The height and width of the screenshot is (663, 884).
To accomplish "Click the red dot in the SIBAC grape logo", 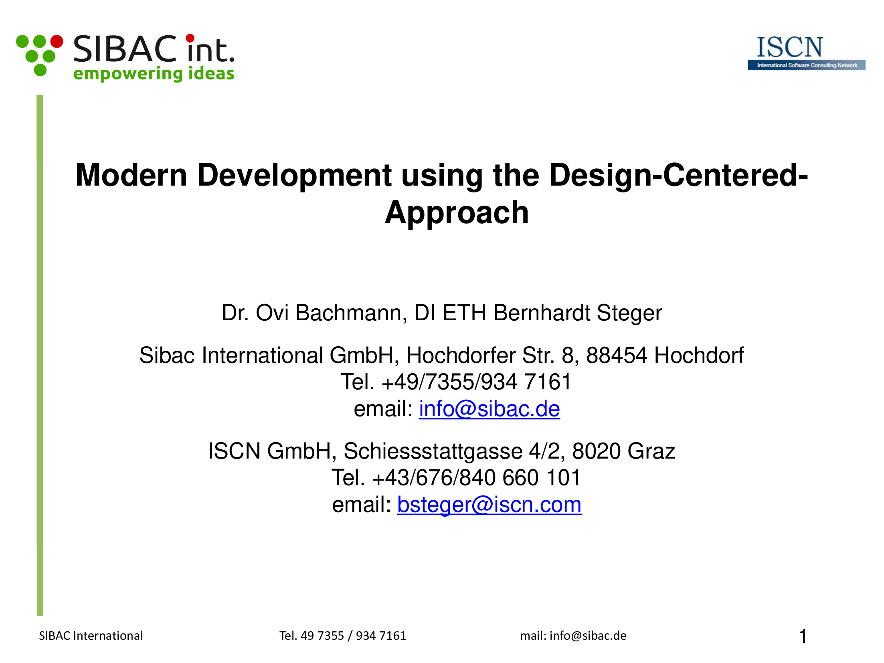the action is pos(57,41).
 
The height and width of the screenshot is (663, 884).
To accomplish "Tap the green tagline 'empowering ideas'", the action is pos(154,74).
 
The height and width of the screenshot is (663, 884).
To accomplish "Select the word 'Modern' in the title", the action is pos(131,175).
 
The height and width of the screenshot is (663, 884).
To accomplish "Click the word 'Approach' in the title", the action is pos(457,212).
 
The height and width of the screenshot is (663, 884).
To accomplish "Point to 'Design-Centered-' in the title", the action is pos(678,175).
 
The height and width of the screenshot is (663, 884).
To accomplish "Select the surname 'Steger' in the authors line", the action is pos(629,313).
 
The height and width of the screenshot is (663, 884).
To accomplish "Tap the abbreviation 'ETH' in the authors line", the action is pos(464,313).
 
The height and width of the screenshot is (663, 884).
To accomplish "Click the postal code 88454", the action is pos(617,355).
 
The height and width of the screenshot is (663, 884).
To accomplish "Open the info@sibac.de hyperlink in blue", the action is pos(489,409).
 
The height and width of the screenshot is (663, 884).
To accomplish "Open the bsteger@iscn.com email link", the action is pos(489,505).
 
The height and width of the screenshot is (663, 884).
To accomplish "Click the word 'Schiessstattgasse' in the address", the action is pos(433,451).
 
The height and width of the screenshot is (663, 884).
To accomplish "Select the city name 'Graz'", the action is pos(651,451).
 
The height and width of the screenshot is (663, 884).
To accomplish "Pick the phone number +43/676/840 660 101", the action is pos(476,477).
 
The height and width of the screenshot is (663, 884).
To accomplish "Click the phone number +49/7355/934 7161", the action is pos(476,382).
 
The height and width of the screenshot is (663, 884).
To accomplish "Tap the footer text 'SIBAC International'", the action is pos(91,636).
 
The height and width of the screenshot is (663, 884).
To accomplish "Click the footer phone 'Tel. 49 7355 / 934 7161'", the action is pos(343,636).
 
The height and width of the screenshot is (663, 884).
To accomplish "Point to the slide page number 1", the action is pos(803,637).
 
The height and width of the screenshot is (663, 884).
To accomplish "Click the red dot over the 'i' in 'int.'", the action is pos(190,38).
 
